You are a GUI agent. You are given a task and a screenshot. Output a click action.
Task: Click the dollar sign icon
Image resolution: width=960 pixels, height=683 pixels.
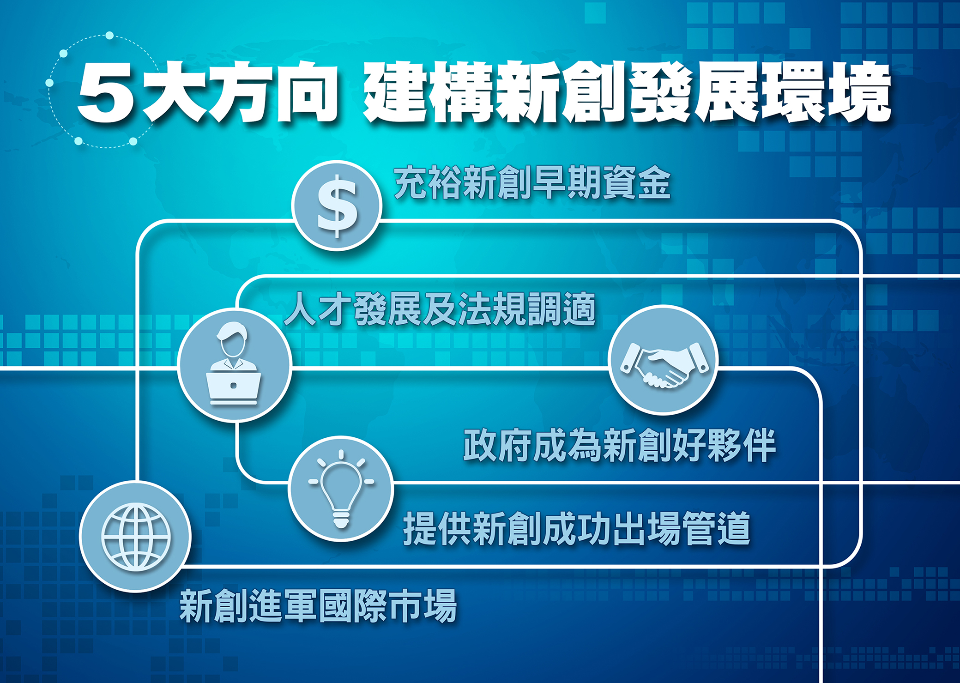pos(337,206)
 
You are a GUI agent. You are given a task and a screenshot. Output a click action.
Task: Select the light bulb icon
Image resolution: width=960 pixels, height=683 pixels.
pos(341,489)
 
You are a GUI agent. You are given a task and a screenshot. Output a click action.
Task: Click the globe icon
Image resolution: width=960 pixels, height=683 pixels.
pos(136,537)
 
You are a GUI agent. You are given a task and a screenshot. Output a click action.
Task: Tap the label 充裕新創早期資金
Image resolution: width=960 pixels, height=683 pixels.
pos(532,183)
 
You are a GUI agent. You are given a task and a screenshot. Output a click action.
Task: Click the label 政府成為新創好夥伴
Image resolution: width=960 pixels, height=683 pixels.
pos(619,445)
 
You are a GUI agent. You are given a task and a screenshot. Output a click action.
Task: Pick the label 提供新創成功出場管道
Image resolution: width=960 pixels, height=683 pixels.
pos(577,529)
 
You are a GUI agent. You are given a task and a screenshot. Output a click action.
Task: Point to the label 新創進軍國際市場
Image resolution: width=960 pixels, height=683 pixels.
pos(318,605)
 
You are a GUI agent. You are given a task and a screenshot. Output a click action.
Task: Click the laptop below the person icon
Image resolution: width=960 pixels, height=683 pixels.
pos(234,388)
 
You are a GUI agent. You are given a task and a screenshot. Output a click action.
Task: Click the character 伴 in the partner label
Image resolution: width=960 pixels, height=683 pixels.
pos(759,445)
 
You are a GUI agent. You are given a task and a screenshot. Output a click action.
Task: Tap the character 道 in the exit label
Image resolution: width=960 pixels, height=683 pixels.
pos(734,529)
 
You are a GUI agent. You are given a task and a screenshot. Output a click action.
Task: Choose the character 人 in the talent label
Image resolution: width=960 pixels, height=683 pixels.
pos(301,309)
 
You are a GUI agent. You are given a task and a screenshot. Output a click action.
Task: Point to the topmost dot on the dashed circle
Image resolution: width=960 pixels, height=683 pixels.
pos(109,36)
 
